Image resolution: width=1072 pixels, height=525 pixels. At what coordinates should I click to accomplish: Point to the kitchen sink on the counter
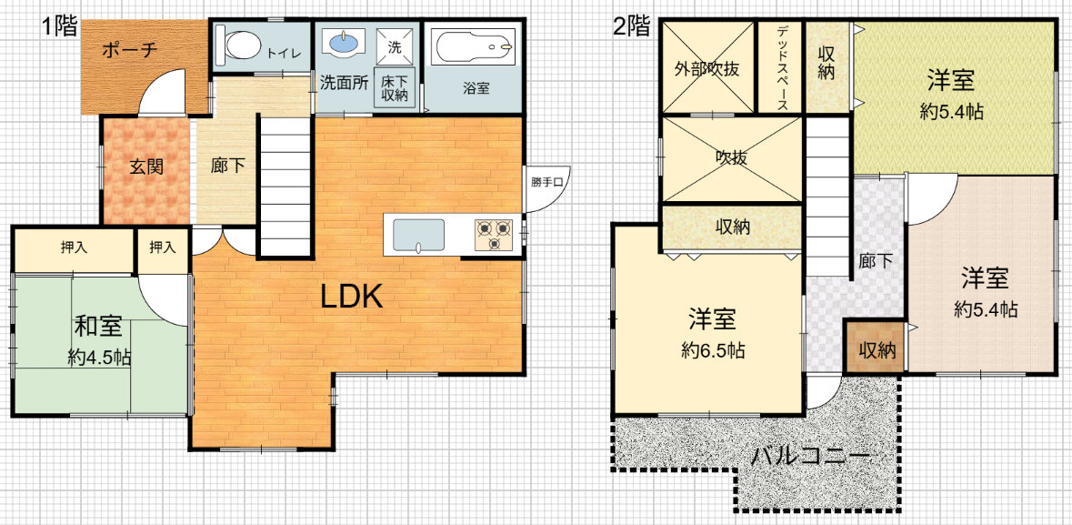point(417,234)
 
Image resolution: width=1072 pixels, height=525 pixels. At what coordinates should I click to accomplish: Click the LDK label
point(351,297)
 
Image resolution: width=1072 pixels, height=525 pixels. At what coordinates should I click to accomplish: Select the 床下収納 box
point(395,88)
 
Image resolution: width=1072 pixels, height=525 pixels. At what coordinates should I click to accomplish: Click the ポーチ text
point(131,50)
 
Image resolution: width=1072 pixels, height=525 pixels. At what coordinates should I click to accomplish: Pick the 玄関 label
point(146,167)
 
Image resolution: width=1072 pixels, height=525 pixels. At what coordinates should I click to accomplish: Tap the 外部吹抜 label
point(706,69)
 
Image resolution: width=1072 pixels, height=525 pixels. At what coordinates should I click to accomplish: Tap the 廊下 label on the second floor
point(876,261)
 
